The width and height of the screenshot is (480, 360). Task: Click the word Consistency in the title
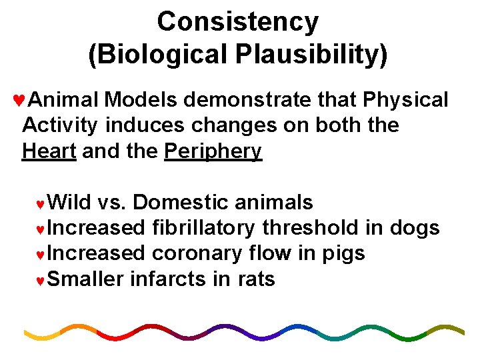238,23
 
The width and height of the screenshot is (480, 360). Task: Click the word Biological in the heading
153,54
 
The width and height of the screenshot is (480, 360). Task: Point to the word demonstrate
247,100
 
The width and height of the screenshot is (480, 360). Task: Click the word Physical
406,100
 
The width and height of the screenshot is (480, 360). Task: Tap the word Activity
61,126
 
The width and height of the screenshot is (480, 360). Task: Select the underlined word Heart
49,151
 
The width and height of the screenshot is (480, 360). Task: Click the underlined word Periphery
213,151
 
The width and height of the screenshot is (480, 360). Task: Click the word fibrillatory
203,228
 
